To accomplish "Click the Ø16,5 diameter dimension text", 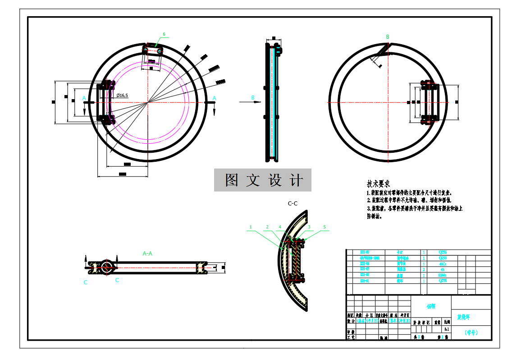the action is click(122, 96).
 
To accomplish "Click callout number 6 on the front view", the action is click(164, 34).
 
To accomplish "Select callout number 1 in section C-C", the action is click(251, 227).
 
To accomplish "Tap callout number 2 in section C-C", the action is click(267, 227).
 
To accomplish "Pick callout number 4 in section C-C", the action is click(280, 227).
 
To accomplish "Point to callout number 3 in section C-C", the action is click(309, 227).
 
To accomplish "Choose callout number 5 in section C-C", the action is click(324, 227).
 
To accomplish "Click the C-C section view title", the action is click(293, 204).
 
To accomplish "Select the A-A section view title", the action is click(147, 254).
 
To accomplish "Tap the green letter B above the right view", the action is click(388, 36).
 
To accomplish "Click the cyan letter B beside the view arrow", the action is click(253, 97).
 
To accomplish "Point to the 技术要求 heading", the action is click(379, 184).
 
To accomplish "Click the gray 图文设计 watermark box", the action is click(262, 180).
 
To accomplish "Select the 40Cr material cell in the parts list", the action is click(443, 264).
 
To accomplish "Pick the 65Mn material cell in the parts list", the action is click(443, 274).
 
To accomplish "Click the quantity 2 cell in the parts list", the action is click(424, 269).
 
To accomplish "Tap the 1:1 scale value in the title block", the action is click(446, 329).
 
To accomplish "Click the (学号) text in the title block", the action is click(471, 333).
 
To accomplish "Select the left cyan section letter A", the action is click(84, 98).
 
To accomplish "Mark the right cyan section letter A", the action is click(214, 98).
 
